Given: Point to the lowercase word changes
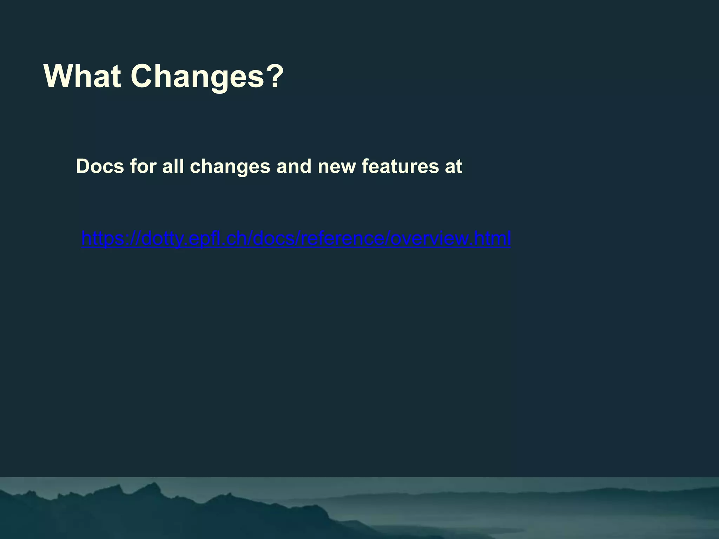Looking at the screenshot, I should (230, 167).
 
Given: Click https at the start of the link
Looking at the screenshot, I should (105, 239).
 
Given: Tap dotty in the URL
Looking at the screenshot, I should (163, 239).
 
